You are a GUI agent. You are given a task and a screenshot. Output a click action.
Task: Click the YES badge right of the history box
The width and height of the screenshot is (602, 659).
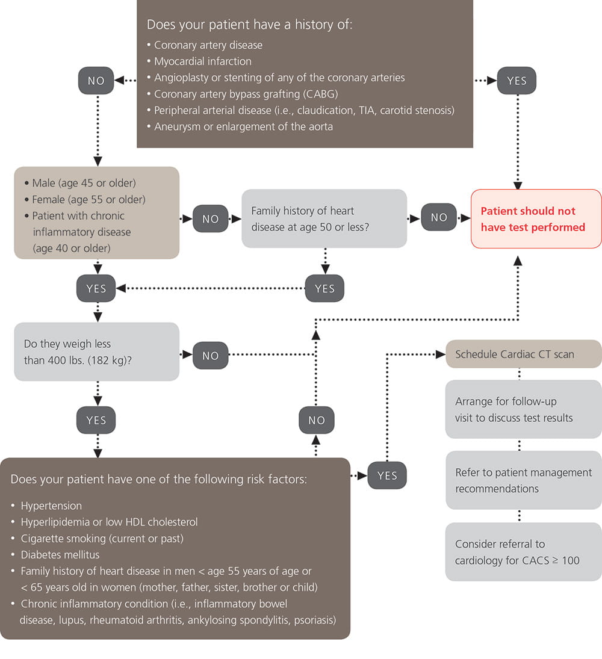(517, 81)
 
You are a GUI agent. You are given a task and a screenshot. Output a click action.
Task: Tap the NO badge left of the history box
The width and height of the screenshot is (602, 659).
(96, 81)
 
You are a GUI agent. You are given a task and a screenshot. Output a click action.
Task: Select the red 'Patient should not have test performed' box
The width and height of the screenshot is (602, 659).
(536, 219)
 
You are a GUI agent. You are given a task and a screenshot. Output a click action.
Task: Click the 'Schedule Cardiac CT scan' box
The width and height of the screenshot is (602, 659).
(523, 354)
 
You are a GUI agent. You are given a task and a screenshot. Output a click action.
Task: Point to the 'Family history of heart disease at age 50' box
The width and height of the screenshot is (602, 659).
(324, 218)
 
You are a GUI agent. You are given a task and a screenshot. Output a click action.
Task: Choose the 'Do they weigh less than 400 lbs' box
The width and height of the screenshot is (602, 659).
(96, 352)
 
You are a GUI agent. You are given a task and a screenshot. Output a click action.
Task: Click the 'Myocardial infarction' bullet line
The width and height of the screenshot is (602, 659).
(202, 61)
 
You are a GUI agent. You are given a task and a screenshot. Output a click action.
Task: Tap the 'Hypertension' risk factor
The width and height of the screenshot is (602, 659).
(51, 506)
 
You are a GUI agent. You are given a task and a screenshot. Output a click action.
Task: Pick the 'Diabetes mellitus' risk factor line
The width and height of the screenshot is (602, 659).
(60, 554)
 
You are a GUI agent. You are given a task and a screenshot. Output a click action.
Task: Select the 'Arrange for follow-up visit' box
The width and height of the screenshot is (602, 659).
(523, 409)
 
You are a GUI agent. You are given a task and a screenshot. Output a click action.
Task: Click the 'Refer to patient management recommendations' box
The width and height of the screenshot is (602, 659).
(523, 480)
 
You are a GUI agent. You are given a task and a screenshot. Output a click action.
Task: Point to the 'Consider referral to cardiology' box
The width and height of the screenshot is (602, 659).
(523, 552)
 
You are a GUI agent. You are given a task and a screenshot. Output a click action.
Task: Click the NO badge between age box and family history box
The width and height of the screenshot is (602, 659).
(211, 219)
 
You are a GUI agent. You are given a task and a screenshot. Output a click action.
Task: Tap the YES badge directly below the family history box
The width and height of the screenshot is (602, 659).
(324, 288)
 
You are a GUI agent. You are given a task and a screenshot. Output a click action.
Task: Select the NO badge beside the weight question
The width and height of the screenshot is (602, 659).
(211, 356)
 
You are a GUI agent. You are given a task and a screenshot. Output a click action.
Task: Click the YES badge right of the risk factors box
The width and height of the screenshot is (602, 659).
(387, 475)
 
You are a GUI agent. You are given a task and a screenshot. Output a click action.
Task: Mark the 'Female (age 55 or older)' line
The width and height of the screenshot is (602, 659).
(88, 199)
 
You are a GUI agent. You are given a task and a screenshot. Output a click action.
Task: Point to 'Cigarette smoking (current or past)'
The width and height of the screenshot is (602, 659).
(102, 538)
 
